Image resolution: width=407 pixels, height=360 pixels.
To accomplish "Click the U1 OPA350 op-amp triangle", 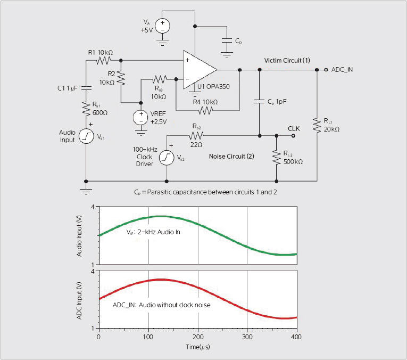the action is tap(198, 70).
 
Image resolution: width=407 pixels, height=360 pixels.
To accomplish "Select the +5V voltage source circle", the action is tap(162, 26).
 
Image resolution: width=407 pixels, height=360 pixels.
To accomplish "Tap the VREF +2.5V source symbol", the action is tap(141, 117).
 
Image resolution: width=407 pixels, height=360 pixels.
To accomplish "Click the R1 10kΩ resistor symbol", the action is tap(104, 61).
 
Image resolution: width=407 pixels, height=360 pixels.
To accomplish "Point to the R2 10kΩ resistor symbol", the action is tap(121, 78).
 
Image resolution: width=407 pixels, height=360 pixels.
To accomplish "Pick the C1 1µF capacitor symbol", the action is tap(86, 88).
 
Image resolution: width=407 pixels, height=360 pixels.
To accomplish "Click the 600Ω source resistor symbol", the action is tap(86, 109).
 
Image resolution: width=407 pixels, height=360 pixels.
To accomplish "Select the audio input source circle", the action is tap(86, 136).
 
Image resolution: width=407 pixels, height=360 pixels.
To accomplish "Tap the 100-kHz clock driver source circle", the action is tap(167, 158).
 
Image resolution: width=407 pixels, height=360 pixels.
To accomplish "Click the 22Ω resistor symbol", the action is tap(196, 136).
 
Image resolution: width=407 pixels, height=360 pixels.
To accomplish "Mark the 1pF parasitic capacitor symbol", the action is tap(260, 102).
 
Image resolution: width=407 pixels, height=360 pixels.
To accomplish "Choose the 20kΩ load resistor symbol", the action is tap(317, 125).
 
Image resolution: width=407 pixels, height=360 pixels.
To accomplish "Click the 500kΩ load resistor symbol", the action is tap(277, 158).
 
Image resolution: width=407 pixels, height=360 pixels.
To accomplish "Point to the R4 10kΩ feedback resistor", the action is tap(205, 111).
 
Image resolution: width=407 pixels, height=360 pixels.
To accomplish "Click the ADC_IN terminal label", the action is tap(342, 70).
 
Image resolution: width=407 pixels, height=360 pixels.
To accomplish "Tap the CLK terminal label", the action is tap(294, 128).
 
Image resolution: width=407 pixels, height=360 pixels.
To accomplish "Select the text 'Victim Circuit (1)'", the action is tap(287, 61).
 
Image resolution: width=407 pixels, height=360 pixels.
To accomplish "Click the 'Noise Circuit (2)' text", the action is tap(231, 157).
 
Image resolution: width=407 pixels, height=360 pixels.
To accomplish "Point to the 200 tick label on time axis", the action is tap(198, 337).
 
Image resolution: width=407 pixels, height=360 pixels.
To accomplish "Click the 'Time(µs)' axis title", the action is tap(198, 347).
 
